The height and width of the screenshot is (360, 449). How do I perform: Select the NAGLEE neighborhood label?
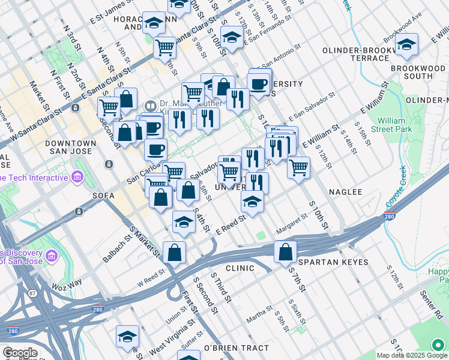pyautogui.click(x=345, y=192)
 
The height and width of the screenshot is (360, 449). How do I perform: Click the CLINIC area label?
pyautogui.click(x=240, y=268)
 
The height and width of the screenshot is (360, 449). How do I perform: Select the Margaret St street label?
pyautogui.click(x=291, y=228)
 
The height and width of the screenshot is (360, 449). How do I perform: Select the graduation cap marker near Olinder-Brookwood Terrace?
pyautogui.click(x=406, y=45)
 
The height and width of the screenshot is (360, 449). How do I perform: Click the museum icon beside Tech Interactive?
pyautogui.click(x=77, y=176)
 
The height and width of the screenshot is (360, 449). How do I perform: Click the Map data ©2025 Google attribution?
pyautogui.click(x=402, y=355)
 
